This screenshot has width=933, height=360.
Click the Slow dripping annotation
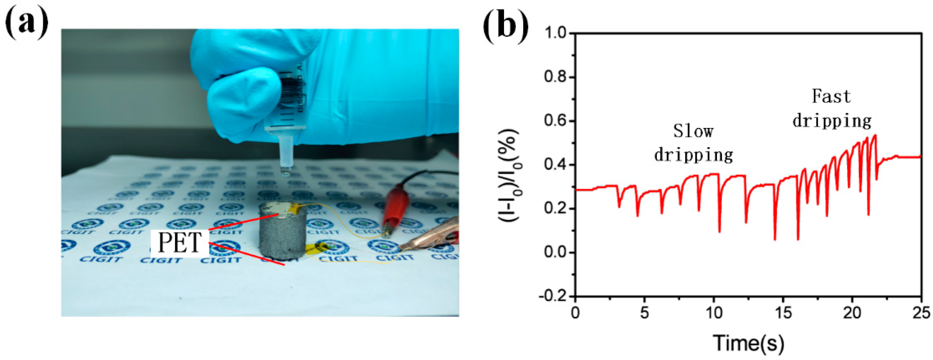click(693, 143)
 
